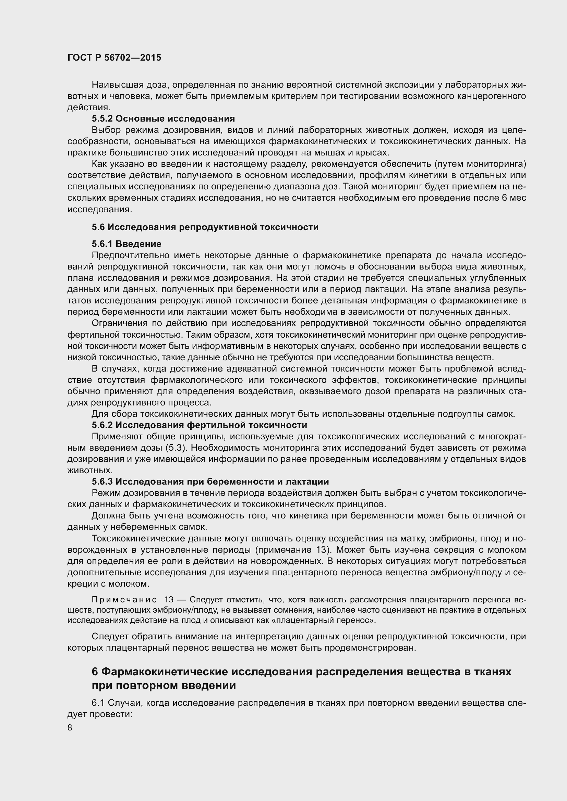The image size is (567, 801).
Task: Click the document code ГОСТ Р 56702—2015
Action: [114, 58]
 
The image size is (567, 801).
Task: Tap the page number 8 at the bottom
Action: [70, 728]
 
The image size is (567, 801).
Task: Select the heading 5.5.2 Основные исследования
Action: [163, 118]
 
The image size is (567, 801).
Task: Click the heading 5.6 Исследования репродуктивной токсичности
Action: [205, 227]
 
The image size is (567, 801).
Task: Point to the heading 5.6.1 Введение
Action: [126, 243]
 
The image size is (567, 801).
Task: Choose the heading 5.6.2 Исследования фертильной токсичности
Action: [200, 425]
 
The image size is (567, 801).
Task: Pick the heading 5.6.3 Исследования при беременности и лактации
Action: [210, 481]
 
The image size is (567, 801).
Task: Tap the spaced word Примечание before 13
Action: [124, 600]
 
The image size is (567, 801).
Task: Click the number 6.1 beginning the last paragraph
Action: [98, 703]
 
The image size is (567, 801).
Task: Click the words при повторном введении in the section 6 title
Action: [164, 685]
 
